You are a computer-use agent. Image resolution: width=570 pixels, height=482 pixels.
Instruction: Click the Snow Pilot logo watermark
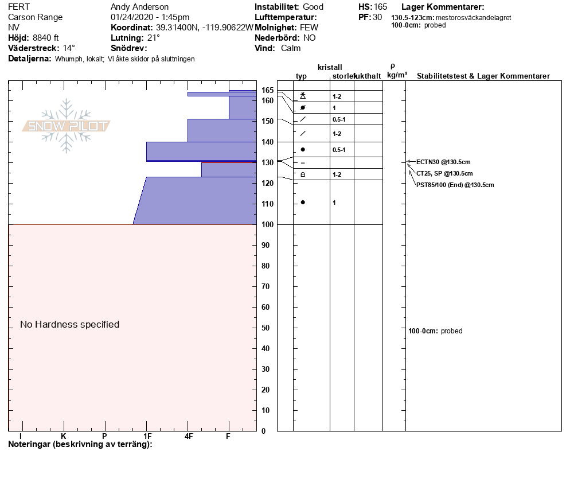67,126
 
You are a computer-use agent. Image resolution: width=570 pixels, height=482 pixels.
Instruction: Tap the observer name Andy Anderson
139,7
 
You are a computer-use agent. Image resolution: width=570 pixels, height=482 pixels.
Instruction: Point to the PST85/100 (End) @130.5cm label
455,185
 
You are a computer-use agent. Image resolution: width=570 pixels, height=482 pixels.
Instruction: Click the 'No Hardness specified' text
70,324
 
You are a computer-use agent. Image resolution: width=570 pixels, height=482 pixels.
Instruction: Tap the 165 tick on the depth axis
267,90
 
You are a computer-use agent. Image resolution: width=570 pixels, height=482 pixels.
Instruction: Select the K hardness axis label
64,436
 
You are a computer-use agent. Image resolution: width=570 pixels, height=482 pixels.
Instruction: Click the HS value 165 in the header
380,7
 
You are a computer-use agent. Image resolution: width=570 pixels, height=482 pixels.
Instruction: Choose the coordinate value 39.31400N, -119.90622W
204,28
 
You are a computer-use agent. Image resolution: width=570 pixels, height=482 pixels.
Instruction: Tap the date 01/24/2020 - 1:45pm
150,17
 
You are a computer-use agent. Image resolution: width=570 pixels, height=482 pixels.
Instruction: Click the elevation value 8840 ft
45,38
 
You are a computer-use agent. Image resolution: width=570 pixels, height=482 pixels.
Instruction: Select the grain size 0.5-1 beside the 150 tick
338,119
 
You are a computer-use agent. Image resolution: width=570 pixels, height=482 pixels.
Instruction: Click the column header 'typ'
301,76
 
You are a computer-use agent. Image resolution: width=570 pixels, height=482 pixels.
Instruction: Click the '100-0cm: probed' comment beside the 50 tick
435,331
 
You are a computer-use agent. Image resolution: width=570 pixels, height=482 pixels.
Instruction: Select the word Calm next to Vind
291,48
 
